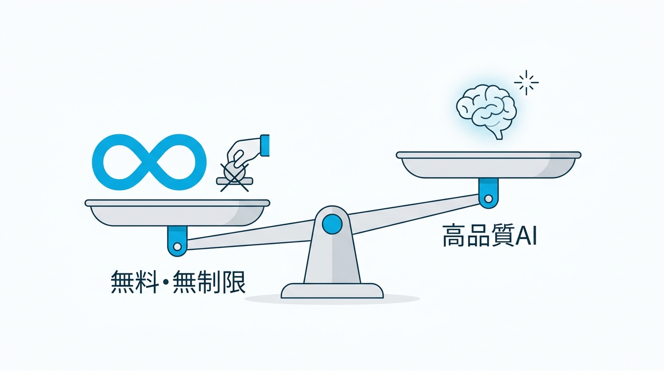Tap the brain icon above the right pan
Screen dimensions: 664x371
click(x=486, y=111)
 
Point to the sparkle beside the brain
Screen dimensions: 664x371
click(x=526, y=83)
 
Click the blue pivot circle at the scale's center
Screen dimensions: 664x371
click(x=332, y=224)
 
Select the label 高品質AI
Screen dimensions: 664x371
click(x=489, y=236)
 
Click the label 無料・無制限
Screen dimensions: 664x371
click(x=178, y=282)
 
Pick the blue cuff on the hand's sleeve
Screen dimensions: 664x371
click(x=265, y=145)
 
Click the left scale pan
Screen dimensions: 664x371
click(x=177, y=213)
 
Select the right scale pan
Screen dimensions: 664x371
click(x=488, y=165)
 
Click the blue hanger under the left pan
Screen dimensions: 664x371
click(x=177, y=241)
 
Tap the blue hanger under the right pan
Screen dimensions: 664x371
click(x=488, y=193)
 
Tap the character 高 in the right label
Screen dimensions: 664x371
click(x=454, y=236)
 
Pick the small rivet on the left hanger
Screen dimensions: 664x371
click(x=177, y=246)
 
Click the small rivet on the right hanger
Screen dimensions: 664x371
click(x=488, y=199)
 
